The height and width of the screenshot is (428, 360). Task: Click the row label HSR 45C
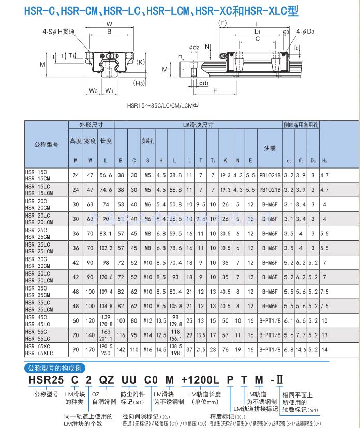click(x=36, y=317)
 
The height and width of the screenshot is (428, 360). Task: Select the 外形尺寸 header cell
click(x=91, y=125)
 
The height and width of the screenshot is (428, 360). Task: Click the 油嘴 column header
click(x=270, y=148)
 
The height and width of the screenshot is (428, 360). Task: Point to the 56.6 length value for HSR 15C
click(x=106, y=175)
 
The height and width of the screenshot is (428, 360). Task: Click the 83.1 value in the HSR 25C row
click(x=106, y=233)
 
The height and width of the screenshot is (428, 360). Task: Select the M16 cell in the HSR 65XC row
click(x=148, y=349)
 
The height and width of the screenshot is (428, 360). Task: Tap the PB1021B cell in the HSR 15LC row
click(x=270, y=190)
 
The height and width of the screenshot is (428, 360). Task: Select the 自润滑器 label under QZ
click(x=103, y=402)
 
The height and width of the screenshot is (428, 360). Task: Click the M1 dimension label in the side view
click(x=166, y=68)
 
